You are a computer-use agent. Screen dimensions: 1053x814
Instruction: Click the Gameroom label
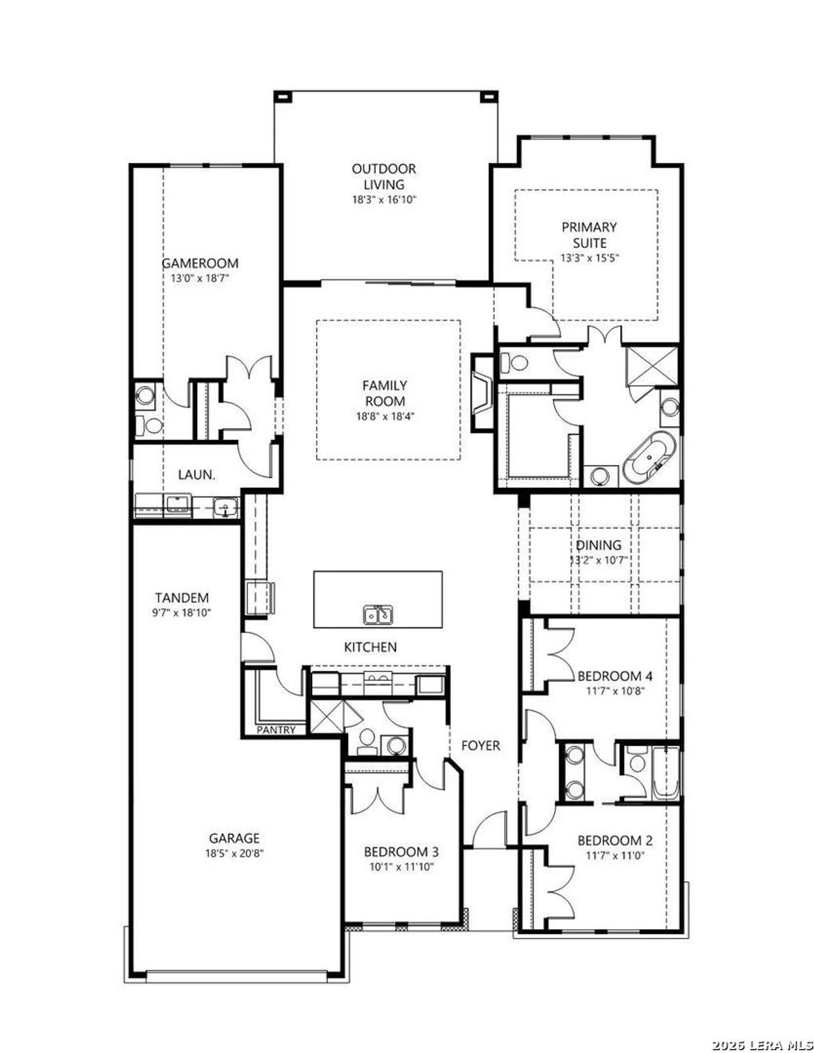tap(200, 263)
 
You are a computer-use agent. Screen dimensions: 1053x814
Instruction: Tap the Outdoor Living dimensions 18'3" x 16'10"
tap(384, 200)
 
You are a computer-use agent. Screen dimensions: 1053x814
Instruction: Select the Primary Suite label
tap(589, 235)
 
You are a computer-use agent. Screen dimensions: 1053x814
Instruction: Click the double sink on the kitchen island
tap(378, 615)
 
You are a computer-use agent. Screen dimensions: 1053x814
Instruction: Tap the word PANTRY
tap(276, 730)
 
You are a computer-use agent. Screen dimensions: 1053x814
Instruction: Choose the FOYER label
tap(480, 745)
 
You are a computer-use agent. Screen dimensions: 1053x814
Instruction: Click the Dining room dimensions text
tap(598, 561)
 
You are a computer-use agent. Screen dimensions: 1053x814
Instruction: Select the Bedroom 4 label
tap(614, 675)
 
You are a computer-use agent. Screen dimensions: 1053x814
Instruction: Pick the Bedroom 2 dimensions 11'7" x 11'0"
tap(615, 856)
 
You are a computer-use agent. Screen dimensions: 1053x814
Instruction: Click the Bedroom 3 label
tap(401, 851)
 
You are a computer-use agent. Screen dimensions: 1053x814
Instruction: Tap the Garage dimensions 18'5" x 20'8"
tap(234, 853)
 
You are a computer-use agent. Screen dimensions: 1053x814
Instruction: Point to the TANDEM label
tap(182, 598)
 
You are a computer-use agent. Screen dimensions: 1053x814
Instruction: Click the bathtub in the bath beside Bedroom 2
tap(665, 773)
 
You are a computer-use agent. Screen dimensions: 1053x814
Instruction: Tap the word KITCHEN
tap(370, 647)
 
